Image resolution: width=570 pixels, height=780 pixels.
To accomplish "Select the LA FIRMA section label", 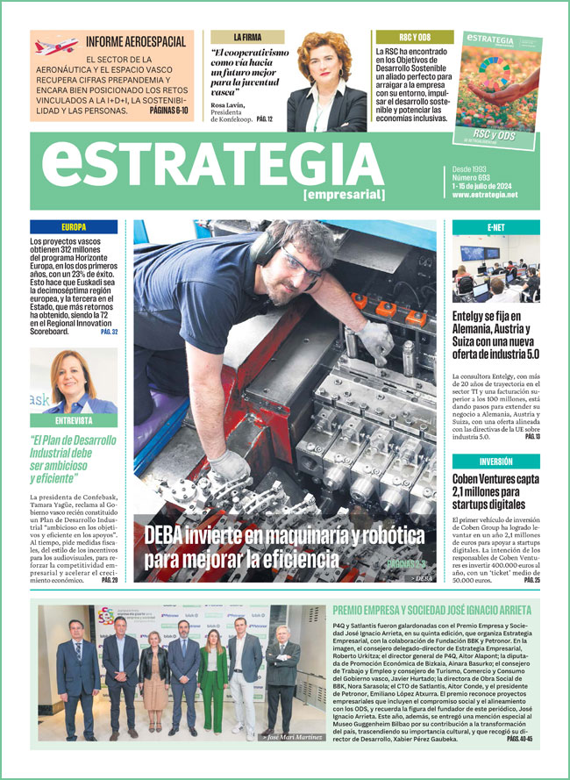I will point(247,38).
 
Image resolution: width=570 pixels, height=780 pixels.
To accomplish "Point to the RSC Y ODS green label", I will point(414,38).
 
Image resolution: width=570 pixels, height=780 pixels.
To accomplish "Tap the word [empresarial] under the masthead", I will point(344,194).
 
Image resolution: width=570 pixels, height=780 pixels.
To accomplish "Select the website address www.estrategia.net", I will point(485,194).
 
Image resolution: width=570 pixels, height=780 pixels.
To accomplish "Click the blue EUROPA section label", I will point(74,226).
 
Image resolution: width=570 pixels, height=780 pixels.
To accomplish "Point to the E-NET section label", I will point(495,226).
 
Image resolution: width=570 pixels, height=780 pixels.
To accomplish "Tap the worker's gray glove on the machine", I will point(376,339).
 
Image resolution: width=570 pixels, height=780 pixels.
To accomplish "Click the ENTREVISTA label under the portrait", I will point(74,420).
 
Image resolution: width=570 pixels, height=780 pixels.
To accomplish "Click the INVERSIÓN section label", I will point(495,461).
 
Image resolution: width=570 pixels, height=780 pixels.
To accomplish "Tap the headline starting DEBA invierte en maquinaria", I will point(254,547).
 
